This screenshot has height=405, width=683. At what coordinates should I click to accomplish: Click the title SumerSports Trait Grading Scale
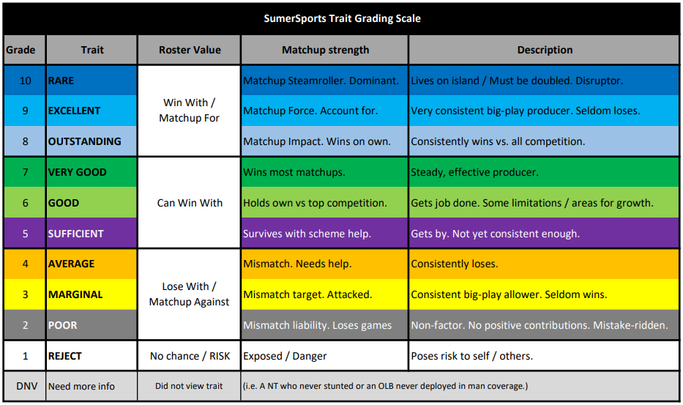pos(342,18)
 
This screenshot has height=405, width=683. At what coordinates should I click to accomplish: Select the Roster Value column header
pos(190,50)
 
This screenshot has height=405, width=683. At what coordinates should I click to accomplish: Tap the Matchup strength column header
pos(325,50)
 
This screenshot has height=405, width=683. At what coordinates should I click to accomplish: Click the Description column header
pos(545,50)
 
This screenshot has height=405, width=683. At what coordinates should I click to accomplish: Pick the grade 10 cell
pos(25,81)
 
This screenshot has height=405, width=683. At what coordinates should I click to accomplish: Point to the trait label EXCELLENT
pos(74,111)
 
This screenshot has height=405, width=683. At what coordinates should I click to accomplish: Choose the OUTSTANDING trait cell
pos(92,141)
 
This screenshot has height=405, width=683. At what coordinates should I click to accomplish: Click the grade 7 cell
pos(25,172)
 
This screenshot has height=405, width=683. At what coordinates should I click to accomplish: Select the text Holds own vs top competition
pos(315,203)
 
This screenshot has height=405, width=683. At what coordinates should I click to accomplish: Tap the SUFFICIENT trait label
pos(76,234)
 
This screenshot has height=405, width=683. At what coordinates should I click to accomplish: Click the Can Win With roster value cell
pos(190,203)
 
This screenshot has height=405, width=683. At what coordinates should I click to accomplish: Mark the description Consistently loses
pos(455,264)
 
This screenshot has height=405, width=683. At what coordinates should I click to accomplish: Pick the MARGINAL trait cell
pos(92,294)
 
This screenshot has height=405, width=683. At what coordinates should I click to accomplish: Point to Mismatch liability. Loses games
pos(317,325)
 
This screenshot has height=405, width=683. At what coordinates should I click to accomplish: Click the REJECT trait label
pos(64,356)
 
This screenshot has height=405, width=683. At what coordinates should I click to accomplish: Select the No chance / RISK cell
pos(190,356)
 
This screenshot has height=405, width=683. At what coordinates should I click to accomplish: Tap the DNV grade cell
pos(25,386)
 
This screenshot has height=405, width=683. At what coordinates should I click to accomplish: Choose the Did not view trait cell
pos(190,386)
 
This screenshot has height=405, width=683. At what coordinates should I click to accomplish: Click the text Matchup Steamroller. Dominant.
pos(321,81)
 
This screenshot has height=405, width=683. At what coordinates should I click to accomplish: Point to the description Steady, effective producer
pos(474,172)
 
